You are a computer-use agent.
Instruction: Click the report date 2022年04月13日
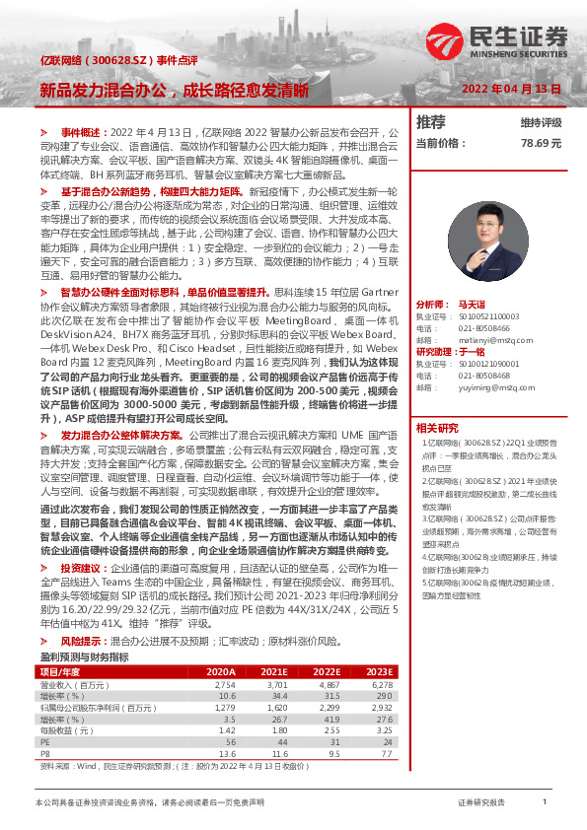(513, 90)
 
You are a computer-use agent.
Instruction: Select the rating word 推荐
(431, 122)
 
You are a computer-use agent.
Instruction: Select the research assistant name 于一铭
(473, 352)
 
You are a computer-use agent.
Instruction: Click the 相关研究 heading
(437, 427)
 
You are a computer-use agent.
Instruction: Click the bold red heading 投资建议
(83, 569)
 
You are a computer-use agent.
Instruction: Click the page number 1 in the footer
(544, 802)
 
